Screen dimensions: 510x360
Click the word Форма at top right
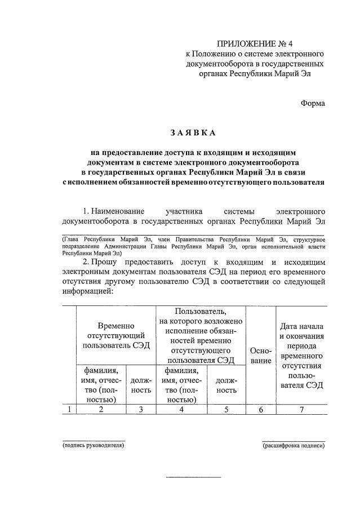(312, 103)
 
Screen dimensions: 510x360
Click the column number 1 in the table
(69, 410)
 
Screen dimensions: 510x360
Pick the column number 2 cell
(101, 410)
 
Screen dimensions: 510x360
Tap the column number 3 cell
(141, 410)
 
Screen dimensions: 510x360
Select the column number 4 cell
(182, 410)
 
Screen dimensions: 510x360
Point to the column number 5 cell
(226, 410)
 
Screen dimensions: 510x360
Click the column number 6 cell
(261, 410)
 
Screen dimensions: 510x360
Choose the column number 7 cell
(303, 410)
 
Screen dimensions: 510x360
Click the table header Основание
(261, 355)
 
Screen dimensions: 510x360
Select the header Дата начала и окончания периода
(303, 355)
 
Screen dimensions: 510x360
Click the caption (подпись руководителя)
(93, 445)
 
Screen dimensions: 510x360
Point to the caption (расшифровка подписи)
(293, 445)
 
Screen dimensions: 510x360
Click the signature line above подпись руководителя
(93, 440)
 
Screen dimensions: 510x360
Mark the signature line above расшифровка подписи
(293, 440)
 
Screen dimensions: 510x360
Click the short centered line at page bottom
(193, 478)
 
